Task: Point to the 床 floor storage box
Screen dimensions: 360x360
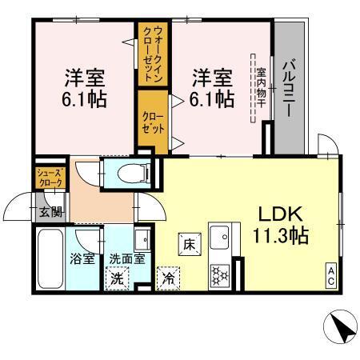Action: [188, 242]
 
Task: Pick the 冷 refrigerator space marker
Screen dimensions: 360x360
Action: [169, 278]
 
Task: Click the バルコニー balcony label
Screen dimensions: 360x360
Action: [290, 88]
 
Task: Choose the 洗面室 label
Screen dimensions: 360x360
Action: [126, 258]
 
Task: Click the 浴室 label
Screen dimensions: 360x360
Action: [82, 258]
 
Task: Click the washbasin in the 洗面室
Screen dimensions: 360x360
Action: [142, 238]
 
